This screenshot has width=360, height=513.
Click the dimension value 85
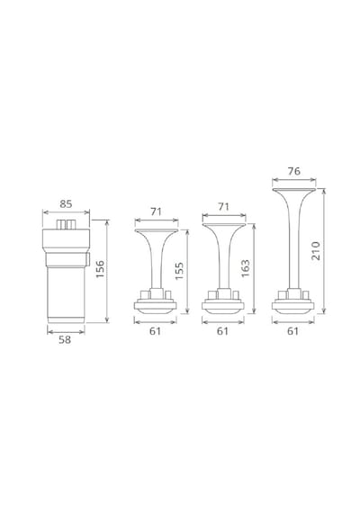66,203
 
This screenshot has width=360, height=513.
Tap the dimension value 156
100,269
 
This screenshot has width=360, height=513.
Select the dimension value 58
65,340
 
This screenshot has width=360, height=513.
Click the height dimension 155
179,271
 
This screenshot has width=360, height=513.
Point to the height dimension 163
245,268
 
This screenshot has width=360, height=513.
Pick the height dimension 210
316,250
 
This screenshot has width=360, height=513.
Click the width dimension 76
294,171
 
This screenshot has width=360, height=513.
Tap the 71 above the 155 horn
156,211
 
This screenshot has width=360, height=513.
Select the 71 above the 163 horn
223,207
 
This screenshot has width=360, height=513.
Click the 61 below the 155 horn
155,331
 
